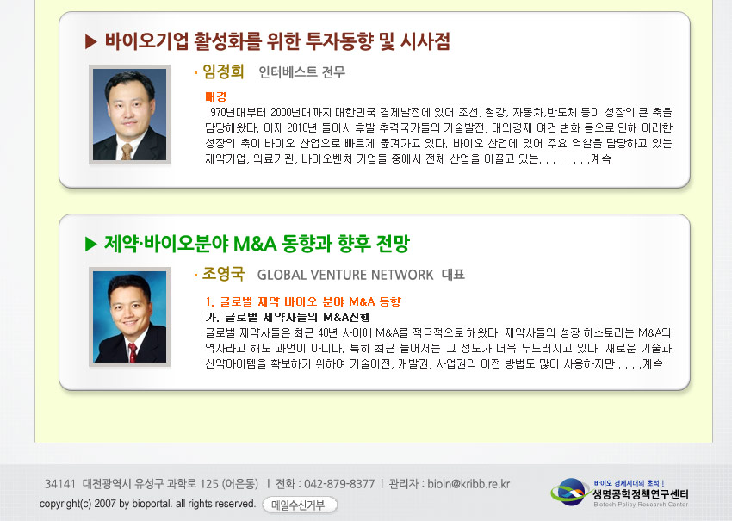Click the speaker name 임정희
point(223,71)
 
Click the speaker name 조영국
point(223,274)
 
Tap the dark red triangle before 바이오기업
point(91,41)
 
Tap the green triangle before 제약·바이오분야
point(91,244)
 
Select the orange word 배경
point(216,96)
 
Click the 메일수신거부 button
point(299,505)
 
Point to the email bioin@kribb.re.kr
point(468,484)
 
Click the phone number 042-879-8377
point(339,484)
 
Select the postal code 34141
point(59,484)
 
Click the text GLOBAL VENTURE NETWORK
point(345,275)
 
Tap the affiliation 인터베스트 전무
point(302,71)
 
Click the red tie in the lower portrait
point(133,352)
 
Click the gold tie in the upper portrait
point(127,152)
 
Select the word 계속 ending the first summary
point(601,158)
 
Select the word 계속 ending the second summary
point(653,363)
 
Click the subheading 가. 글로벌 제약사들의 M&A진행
point(288,318)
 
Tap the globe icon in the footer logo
point(570,492)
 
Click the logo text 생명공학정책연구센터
point(641,494)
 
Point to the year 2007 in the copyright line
point(104,504)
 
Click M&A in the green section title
point(255,244)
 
